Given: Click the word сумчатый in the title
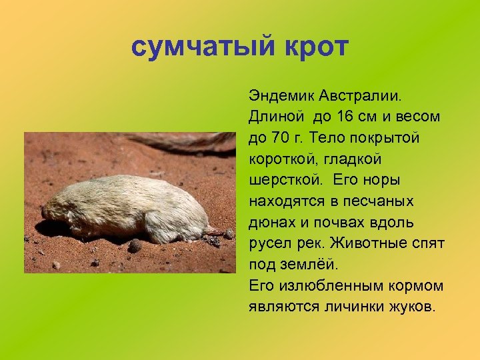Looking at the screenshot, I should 203,48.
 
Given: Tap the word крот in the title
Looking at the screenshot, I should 313,48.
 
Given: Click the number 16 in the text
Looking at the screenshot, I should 347,117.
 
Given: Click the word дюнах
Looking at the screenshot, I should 270,223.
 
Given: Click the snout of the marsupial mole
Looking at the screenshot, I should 47,213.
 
